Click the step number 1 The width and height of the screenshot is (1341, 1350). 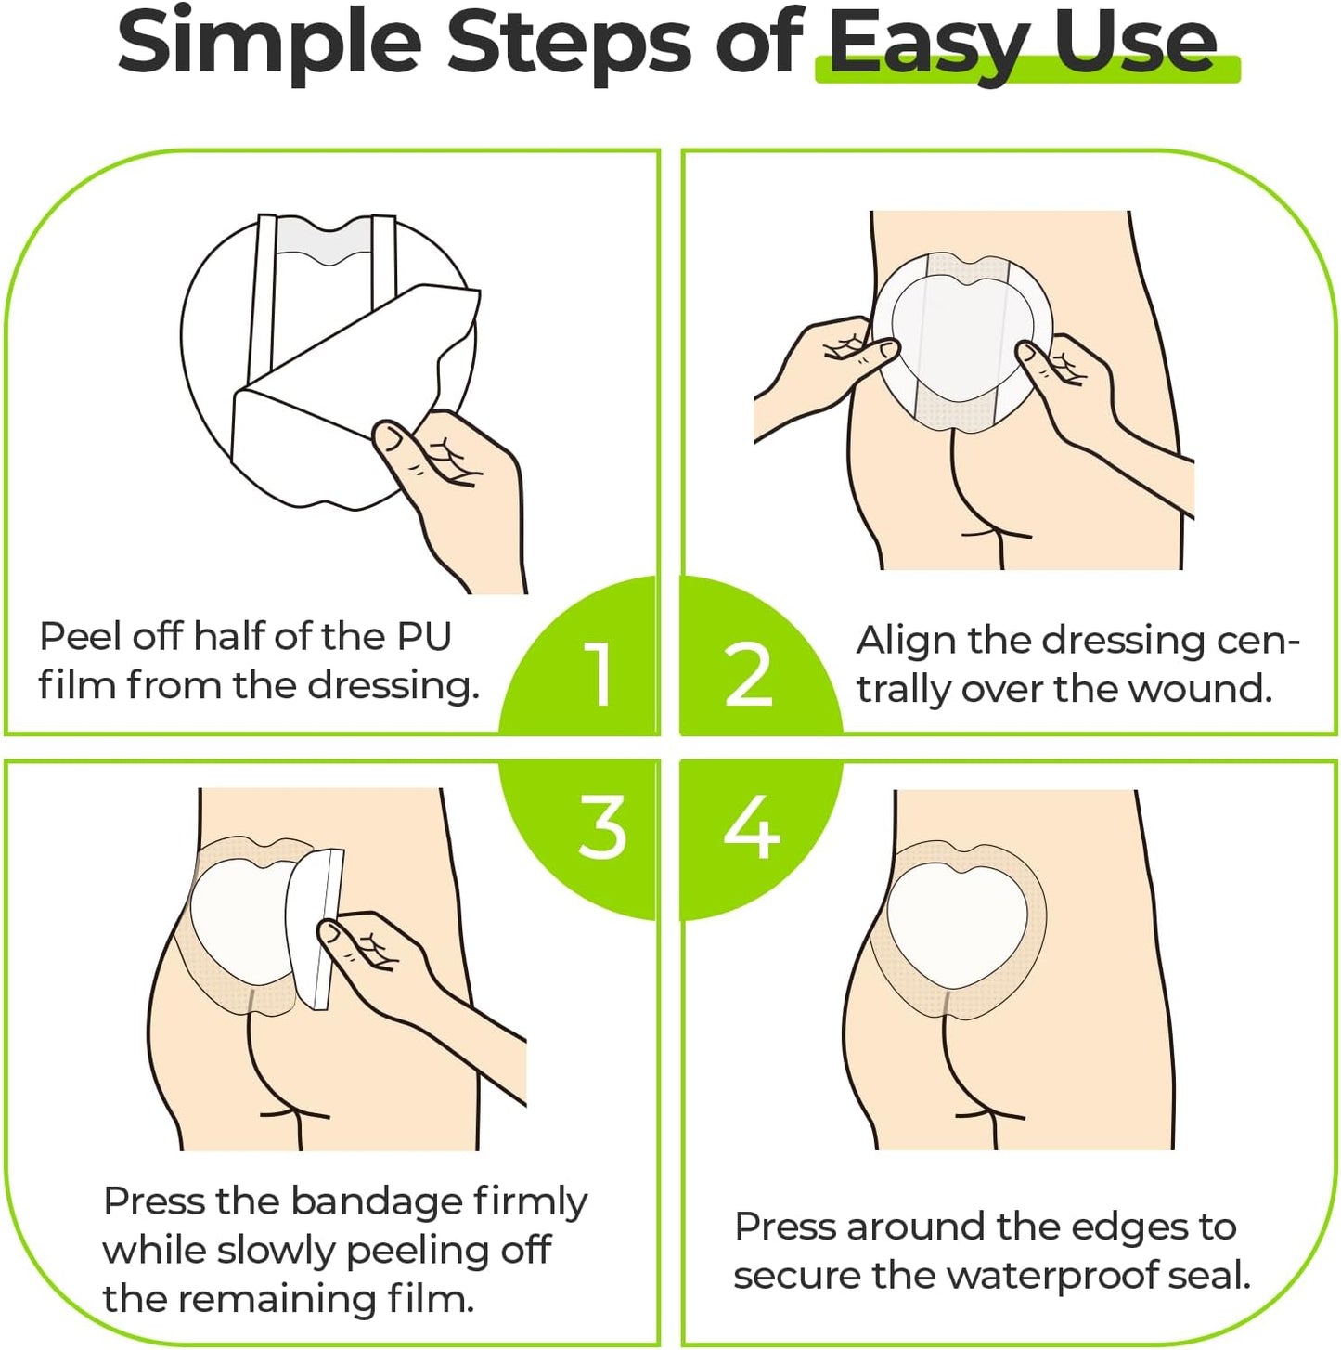[599, 673]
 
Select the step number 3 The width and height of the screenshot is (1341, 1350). [602, 825]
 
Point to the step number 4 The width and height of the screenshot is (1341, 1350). [751, 825]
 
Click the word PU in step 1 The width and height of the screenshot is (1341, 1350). [424, 637]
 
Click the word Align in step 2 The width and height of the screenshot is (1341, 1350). [906, 641]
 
